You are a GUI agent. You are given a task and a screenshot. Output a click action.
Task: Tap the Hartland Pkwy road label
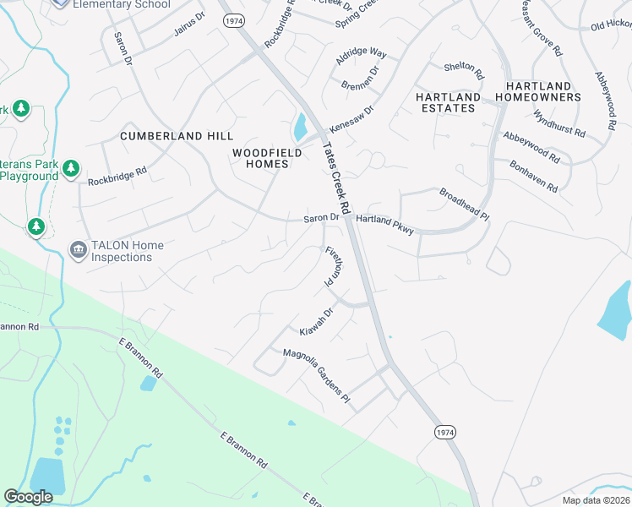[384, 225]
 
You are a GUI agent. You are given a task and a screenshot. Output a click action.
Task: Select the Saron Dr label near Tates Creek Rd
[321, 218]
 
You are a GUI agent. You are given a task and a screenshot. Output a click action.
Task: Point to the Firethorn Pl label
[333, 265]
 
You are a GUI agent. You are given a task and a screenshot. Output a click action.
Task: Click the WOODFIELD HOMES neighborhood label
[261, 158]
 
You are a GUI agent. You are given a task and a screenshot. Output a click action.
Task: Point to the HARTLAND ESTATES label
[447, 102]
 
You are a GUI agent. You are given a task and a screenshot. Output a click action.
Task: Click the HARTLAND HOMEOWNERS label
[543, 91]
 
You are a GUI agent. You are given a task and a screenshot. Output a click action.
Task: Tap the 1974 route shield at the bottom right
[446, 432]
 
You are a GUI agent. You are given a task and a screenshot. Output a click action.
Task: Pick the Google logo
[28, 497]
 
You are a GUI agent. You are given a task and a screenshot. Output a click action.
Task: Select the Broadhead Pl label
[464, 204]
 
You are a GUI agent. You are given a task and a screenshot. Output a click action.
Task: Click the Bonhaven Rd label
[533, 176]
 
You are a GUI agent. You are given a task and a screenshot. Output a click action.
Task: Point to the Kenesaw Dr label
[351, 116]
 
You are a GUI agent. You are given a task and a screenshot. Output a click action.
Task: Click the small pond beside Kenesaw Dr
[300, 128]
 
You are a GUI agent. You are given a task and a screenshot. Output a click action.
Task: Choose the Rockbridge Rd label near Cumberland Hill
[117, 175]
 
